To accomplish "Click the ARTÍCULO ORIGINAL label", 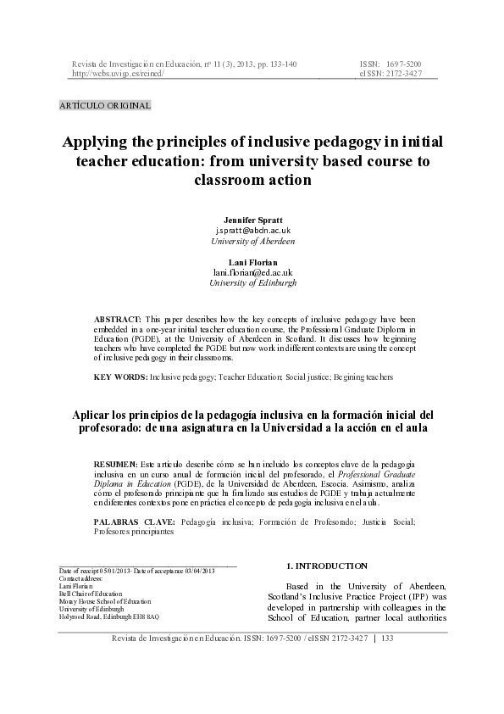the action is [x=105, y=106].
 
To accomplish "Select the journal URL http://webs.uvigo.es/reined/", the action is [x=118, y=74].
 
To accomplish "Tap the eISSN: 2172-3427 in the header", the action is [x=390, y=74].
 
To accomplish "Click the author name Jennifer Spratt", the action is [x=252, y=220].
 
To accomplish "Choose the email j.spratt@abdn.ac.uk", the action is [x=252, y=231].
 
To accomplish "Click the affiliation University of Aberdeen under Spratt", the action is [x=252, y=241].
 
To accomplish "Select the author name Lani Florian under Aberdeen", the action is [x=252, y=262].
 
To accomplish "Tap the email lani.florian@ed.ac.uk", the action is [x=252, y=272].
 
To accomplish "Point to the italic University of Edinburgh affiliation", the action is [x=252, y=283].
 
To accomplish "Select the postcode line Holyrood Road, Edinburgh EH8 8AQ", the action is [x=108, y=616].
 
